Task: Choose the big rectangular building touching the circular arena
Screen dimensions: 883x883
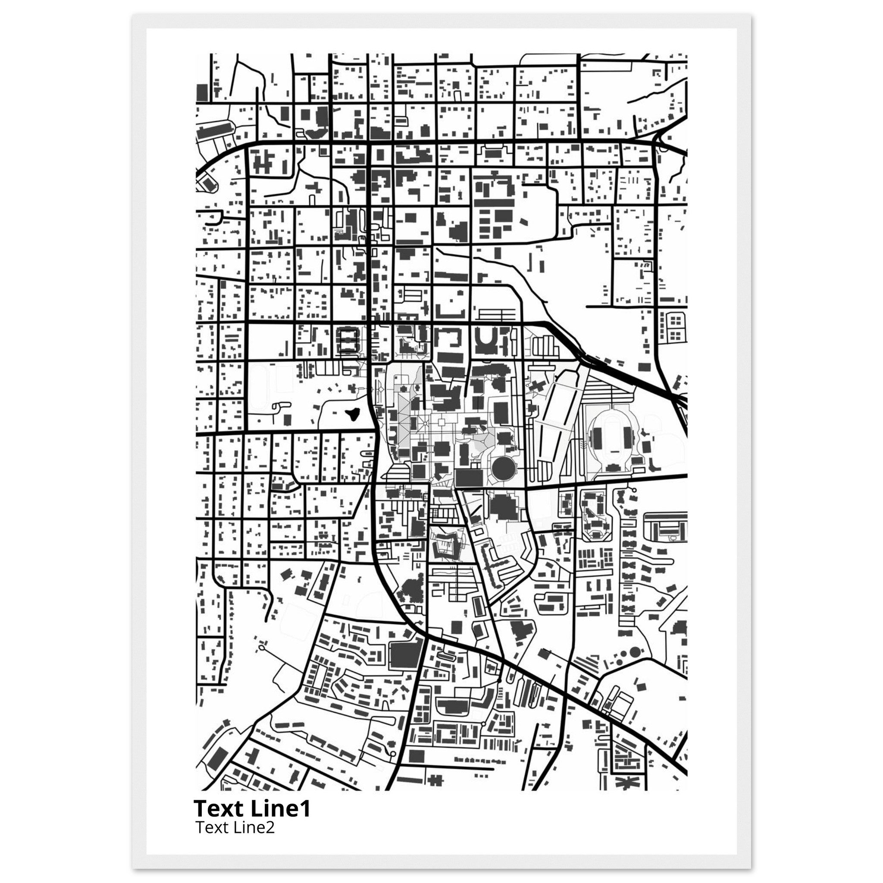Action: pos(470,477)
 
